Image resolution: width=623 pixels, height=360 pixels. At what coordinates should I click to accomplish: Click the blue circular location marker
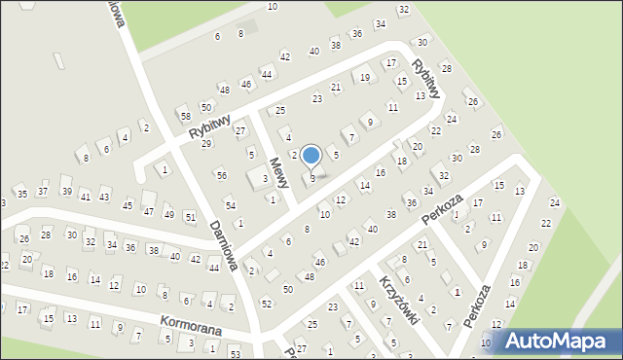click(x=311, y=155)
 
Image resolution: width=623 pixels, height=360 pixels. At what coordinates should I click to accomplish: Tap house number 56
click(x=222, y=175)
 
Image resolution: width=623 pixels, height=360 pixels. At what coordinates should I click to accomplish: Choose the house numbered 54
click(x=230, y=205)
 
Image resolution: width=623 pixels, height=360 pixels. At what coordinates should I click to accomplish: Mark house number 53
click(x=235, y=353)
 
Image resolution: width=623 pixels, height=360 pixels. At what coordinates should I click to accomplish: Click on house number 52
click(x=267, y=304)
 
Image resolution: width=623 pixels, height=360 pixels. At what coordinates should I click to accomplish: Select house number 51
click(x=190, y=216)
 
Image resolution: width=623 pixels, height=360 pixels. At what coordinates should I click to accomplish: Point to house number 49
click(x=168, y=214)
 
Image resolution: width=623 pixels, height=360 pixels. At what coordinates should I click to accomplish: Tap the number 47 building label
click(x=148, y=210)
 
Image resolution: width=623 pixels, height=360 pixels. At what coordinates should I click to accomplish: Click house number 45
click(x=128, y=205)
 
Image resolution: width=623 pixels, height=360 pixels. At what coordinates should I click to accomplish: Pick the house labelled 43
click(x=104, y=198)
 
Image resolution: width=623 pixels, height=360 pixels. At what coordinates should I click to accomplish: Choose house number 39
click(x=66, y=191)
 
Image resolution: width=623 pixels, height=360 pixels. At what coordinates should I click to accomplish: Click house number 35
click(x=22, y=195)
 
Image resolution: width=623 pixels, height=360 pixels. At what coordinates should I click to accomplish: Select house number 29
click(x=206, y=144)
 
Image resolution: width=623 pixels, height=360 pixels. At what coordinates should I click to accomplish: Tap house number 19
click(x=365, y=77)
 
